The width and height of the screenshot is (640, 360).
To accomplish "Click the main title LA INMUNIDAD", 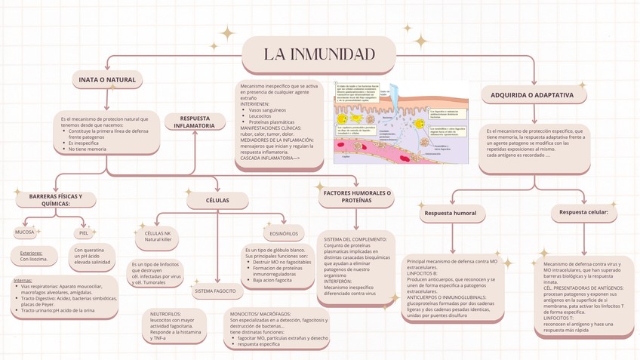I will click(319, 54).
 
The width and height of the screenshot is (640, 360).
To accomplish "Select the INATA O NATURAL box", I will click(107, 79).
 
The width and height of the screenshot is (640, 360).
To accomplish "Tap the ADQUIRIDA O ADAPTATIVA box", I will click(537, 95).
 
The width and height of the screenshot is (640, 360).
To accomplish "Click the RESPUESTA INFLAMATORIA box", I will click(195, 122).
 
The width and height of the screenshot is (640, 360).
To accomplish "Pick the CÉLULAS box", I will click(217, 200).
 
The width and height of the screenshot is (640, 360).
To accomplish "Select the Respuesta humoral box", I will click(451, 214).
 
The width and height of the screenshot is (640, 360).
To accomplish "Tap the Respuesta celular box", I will click(583, 214).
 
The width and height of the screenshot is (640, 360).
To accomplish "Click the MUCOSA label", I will click(24, 232).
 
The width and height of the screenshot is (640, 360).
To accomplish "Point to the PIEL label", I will click(84, 233).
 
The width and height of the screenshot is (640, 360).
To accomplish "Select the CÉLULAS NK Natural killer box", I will click(158, 235).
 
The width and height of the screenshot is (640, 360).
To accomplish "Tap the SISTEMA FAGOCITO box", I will click(215, 291).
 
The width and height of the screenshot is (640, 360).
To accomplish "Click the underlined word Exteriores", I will click(31, 253).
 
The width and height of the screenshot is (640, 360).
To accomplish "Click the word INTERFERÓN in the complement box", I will click(340, 281).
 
